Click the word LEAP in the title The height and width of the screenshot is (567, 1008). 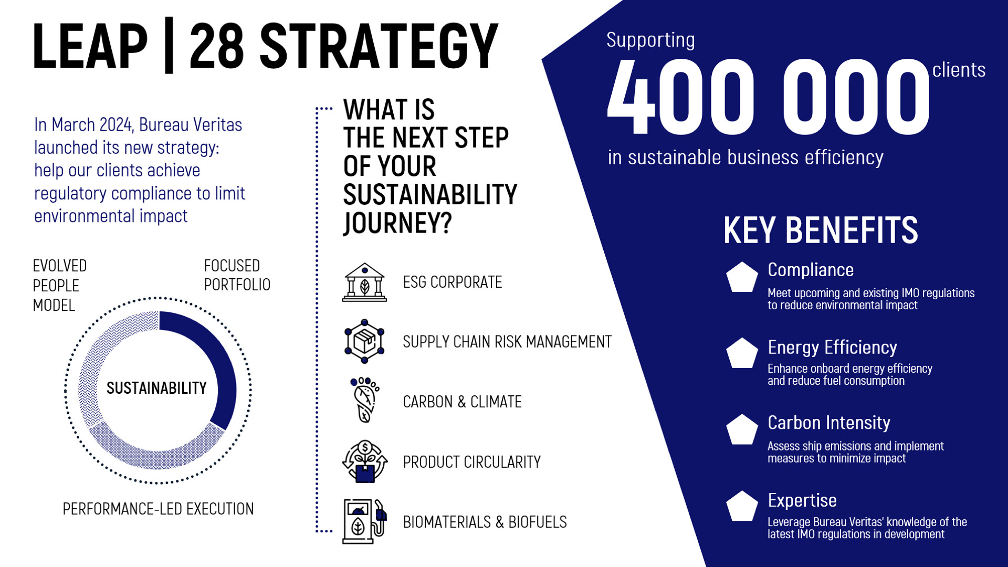[90, 46]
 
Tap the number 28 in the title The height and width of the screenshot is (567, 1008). [217, 46]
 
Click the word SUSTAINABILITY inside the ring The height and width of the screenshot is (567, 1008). [156, 388]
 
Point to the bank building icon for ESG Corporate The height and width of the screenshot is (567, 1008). [364, 282]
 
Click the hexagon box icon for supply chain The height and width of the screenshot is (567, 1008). [364, 341]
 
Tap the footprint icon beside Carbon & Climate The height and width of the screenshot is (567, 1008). [365, 400]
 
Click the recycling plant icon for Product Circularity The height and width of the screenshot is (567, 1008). [365, 461]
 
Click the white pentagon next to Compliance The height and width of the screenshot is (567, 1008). [742, 277]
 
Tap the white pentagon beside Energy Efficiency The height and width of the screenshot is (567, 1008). [742, 353]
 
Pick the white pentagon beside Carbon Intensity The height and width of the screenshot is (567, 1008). [742, 430]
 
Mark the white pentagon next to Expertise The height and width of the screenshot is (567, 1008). [742, 507]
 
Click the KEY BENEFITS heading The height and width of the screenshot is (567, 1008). [821, 230]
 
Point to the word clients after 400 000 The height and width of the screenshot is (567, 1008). [959, 70]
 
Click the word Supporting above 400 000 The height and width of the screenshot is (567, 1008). [650, 40]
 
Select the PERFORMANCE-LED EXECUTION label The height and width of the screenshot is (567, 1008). [158, 509]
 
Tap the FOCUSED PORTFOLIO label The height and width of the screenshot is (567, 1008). [237, 275]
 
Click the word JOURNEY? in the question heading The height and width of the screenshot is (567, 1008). [397, 223]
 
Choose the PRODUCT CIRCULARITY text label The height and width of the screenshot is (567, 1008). [471, 462]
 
